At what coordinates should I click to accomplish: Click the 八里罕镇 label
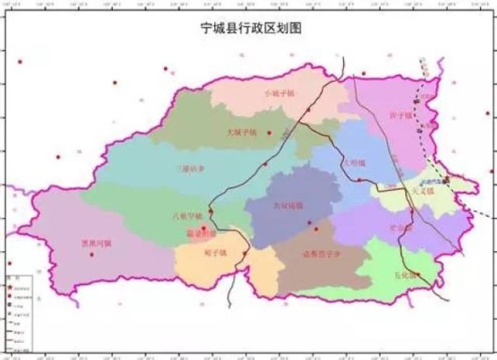pos(186,216)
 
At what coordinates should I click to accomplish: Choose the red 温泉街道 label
pos(201,232)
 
